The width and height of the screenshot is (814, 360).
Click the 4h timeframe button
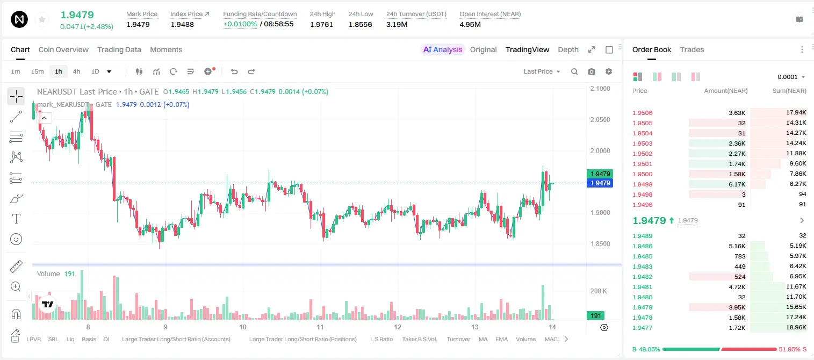(x=76, y=71)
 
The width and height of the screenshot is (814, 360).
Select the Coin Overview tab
(x=63, y=49)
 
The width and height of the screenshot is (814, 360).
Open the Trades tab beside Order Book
(x=692, y=49)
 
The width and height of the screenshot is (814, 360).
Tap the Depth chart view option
(x=568, y=49)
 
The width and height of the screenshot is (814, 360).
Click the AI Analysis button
(x=443, y=49)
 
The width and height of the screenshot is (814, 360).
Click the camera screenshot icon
(x=592, y=71)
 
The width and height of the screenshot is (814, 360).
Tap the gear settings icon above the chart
(x=609, y=71)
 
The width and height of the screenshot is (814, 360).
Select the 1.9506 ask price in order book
(x=643, y=113)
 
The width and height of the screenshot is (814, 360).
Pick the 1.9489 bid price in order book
(x=643, y=236)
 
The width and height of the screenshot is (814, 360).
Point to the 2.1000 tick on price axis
(x=600, y=89)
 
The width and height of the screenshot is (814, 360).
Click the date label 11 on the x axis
(x=320, y=327)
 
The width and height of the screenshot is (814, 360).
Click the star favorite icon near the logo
(x=42, y=19)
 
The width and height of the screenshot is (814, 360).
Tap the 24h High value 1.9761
(x=322, y=24)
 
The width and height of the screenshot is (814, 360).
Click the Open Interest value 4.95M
(x=470, y=24)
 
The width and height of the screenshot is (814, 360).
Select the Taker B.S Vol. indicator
(x=419, y=339)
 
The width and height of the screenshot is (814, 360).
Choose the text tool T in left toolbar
(x=16, y=219)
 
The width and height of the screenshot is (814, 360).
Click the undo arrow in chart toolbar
(x=234, y=71)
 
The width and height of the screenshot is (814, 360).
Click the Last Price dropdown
(x=542, y=71)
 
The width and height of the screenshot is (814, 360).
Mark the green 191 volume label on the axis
(x=596, y=315)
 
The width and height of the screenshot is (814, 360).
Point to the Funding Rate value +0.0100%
(x=240, y=24)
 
